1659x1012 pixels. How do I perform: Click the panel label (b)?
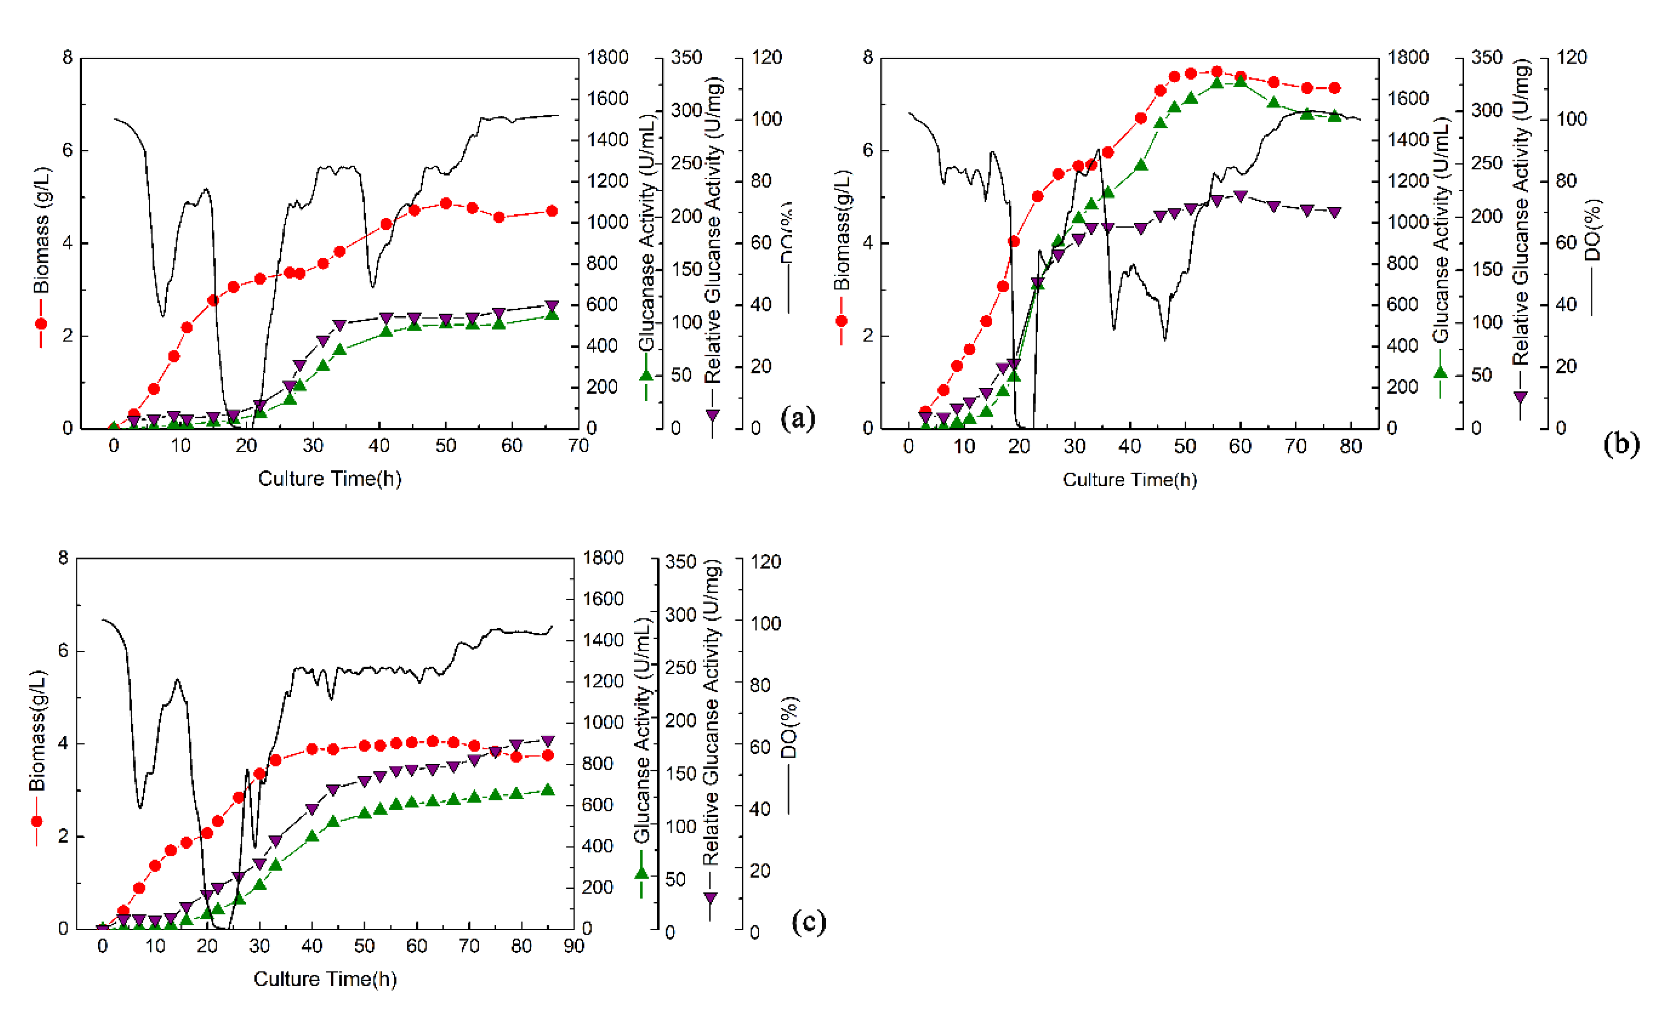click(1621, 444)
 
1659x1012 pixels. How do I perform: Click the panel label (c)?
click(808, 921)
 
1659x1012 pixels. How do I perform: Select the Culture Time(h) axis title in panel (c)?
click(325, 978)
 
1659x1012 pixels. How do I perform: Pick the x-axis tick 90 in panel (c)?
click(574, 946)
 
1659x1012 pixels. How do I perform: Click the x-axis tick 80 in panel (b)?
click(1350, 446)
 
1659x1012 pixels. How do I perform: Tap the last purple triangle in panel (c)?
click(548, 741)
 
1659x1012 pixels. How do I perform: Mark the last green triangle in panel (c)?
click(548, 790)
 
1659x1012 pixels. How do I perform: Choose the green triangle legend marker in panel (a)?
click(647, 375)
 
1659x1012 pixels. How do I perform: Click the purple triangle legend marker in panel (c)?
click(710, 898)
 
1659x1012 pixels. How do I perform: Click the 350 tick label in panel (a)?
click(686, 57)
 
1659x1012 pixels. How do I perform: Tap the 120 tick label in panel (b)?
click(1572, 57)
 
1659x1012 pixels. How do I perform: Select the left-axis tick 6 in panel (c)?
click(63, 651)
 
